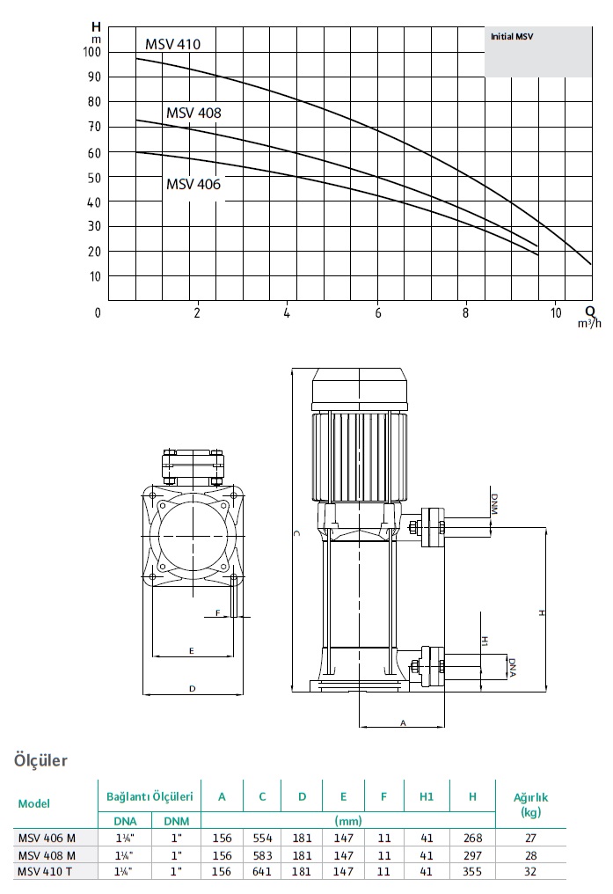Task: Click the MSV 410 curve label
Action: (x=172, y=44)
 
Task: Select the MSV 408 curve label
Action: (x=193, y=113)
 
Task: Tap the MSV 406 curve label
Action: (x=193, y=184)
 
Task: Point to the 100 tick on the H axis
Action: (x=91, y=52)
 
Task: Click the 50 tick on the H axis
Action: (x=94, y=178)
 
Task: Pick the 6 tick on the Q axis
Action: (x=377, y=313)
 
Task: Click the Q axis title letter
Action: (x=590, y=311)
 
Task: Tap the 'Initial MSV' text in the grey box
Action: (x=512, y=36)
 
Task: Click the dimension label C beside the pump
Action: (x=296, y=533)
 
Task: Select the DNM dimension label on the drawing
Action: (x=494, y=504)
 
